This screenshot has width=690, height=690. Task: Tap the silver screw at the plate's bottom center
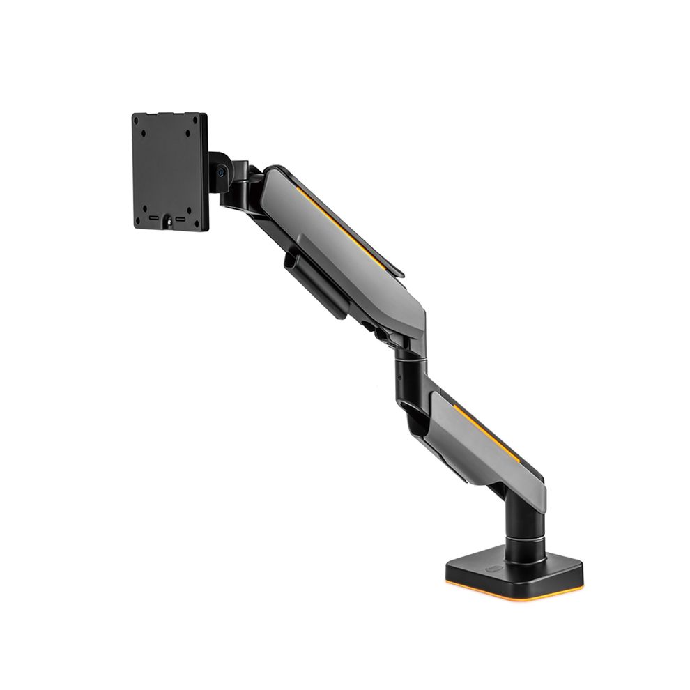click(x=170, y=222)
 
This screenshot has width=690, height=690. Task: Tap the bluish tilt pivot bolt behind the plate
click(x=221, y=169)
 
